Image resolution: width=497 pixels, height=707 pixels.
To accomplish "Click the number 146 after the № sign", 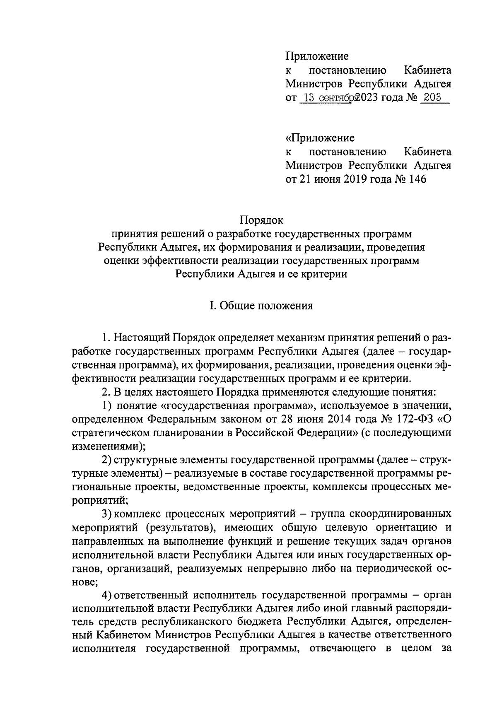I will coord(417,179).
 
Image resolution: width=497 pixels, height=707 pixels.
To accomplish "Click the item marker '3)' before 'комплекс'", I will coord(107,514).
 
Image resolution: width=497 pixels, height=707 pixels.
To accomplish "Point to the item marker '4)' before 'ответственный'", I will coord(107,595).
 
